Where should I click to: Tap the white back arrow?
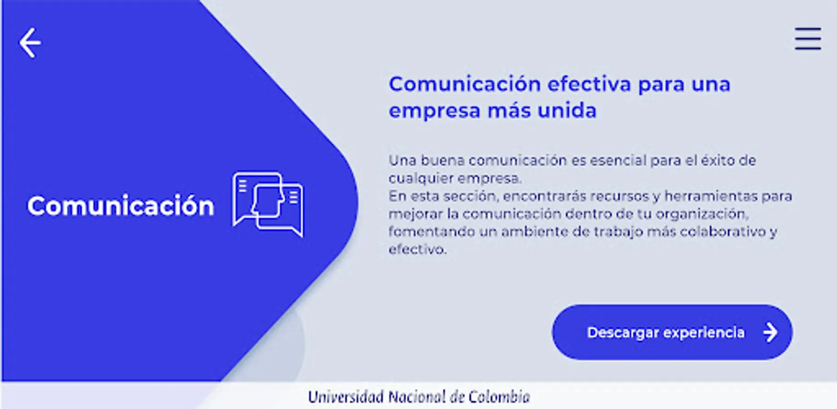(x=30, y=43)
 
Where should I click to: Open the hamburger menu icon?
(x=807, y=39)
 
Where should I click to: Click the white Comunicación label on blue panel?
(x=120, y=205)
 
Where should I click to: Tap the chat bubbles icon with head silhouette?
(x=267, y=204)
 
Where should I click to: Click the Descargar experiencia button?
(x=672, y=332)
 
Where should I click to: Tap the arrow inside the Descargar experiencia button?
(x=770, y=332)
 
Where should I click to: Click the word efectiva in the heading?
(x=589, y=84)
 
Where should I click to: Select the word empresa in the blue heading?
(x=434, y=111)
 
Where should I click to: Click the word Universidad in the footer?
(x=346, y=397)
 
